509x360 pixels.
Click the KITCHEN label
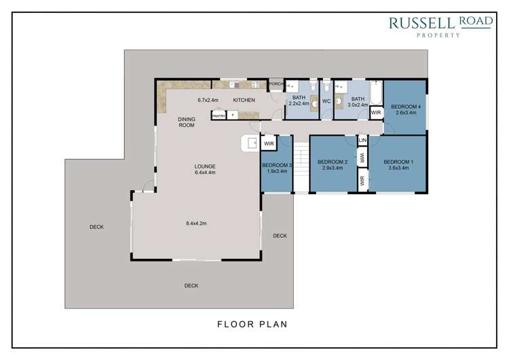[244, 100]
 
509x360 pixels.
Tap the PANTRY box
[219, 115]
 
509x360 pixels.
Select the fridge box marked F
[232, 115]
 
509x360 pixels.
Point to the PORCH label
[276, 84]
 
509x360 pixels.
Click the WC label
[326, 101]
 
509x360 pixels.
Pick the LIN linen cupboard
[362, 141]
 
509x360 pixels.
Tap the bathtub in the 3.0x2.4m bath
[376, 93]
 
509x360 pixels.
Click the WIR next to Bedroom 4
[376, 113]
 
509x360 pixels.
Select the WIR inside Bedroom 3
[269, 143]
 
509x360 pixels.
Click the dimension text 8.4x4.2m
[196, 223]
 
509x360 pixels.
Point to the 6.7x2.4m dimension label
[208, 100]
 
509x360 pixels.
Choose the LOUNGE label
[205, 166]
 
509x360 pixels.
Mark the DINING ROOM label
[187, 122]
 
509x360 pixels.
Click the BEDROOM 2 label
[333, 162]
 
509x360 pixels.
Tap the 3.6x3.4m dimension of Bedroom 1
[398, 168]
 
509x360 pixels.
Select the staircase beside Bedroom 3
[301, 168]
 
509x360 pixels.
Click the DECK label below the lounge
[191, 285]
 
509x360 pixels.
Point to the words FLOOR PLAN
[252, 324]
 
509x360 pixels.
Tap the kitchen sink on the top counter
[235, 85]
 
